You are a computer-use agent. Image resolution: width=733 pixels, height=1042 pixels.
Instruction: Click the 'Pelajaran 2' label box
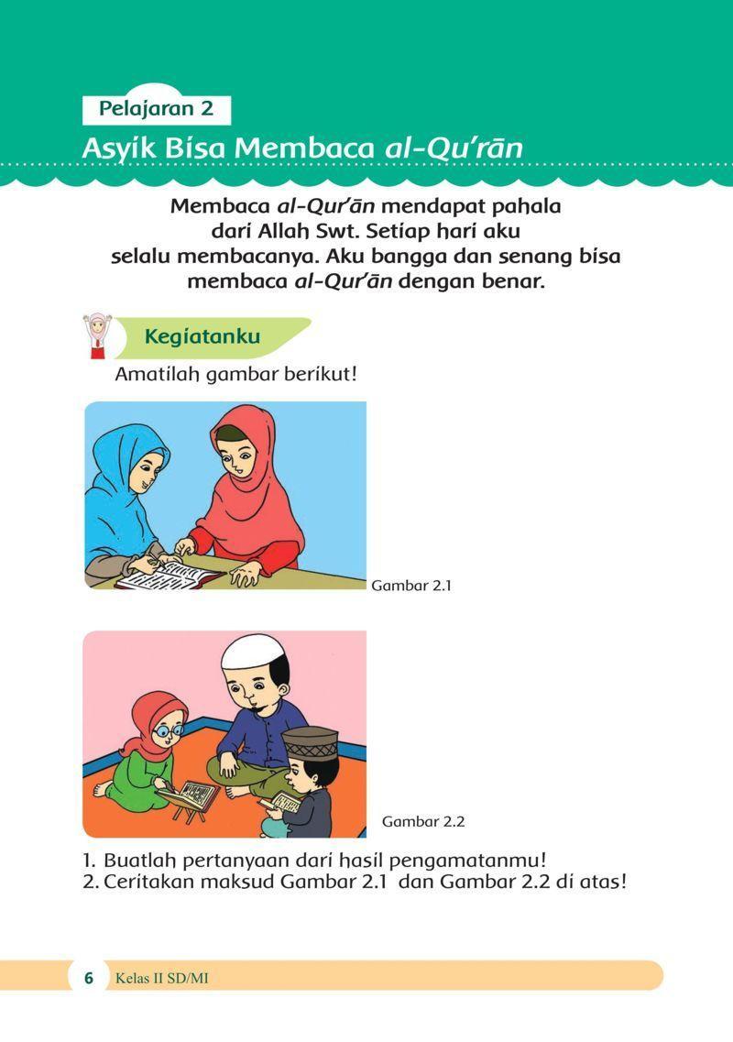click(x=156, y=109)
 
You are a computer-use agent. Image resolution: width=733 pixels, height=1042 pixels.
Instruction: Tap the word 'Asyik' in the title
click(x=115, y=148)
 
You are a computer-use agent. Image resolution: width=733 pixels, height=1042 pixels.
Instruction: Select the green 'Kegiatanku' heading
click(x=202, y=336)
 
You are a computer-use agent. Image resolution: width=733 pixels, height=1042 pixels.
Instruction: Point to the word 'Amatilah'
click(x=157, y=375)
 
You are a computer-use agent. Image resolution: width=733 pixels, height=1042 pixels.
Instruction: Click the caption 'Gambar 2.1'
click(x=411, y=586)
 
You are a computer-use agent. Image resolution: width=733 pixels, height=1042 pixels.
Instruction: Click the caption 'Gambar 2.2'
click(x=423, y=821)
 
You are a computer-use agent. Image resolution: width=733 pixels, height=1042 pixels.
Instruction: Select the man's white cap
click(x=249, y=652)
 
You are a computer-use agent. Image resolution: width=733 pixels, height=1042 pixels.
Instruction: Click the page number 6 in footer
click(x=89, y=978)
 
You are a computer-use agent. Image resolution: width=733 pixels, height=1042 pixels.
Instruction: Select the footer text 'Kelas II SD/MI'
click(x=162, y=979)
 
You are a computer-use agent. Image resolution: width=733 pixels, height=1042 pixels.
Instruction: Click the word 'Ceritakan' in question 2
click(x=149, y=883)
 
